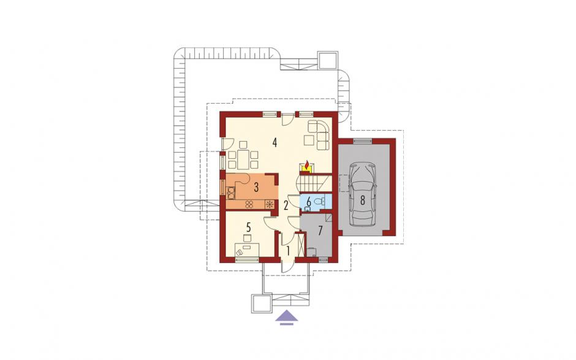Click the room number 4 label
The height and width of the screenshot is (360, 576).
275,142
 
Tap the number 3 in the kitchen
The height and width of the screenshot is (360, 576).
256,187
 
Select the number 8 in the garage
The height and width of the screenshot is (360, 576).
363,201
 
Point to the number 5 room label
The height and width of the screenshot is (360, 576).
248,227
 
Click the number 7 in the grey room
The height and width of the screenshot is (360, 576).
320,231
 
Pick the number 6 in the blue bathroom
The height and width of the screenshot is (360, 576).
309,201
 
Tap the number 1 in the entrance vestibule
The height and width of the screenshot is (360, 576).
289,251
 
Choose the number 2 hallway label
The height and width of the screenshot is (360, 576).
286,205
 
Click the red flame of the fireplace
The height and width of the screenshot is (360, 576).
307,164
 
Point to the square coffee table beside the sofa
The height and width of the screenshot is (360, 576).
309,140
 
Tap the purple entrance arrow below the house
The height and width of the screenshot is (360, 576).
287,317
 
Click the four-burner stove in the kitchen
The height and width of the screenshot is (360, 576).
249,204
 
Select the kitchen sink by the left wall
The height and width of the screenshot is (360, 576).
230,191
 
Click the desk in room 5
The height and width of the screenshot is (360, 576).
248,249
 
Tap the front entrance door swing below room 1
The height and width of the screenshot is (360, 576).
286,267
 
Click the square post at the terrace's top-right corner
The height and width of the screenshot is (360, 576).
327,59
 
